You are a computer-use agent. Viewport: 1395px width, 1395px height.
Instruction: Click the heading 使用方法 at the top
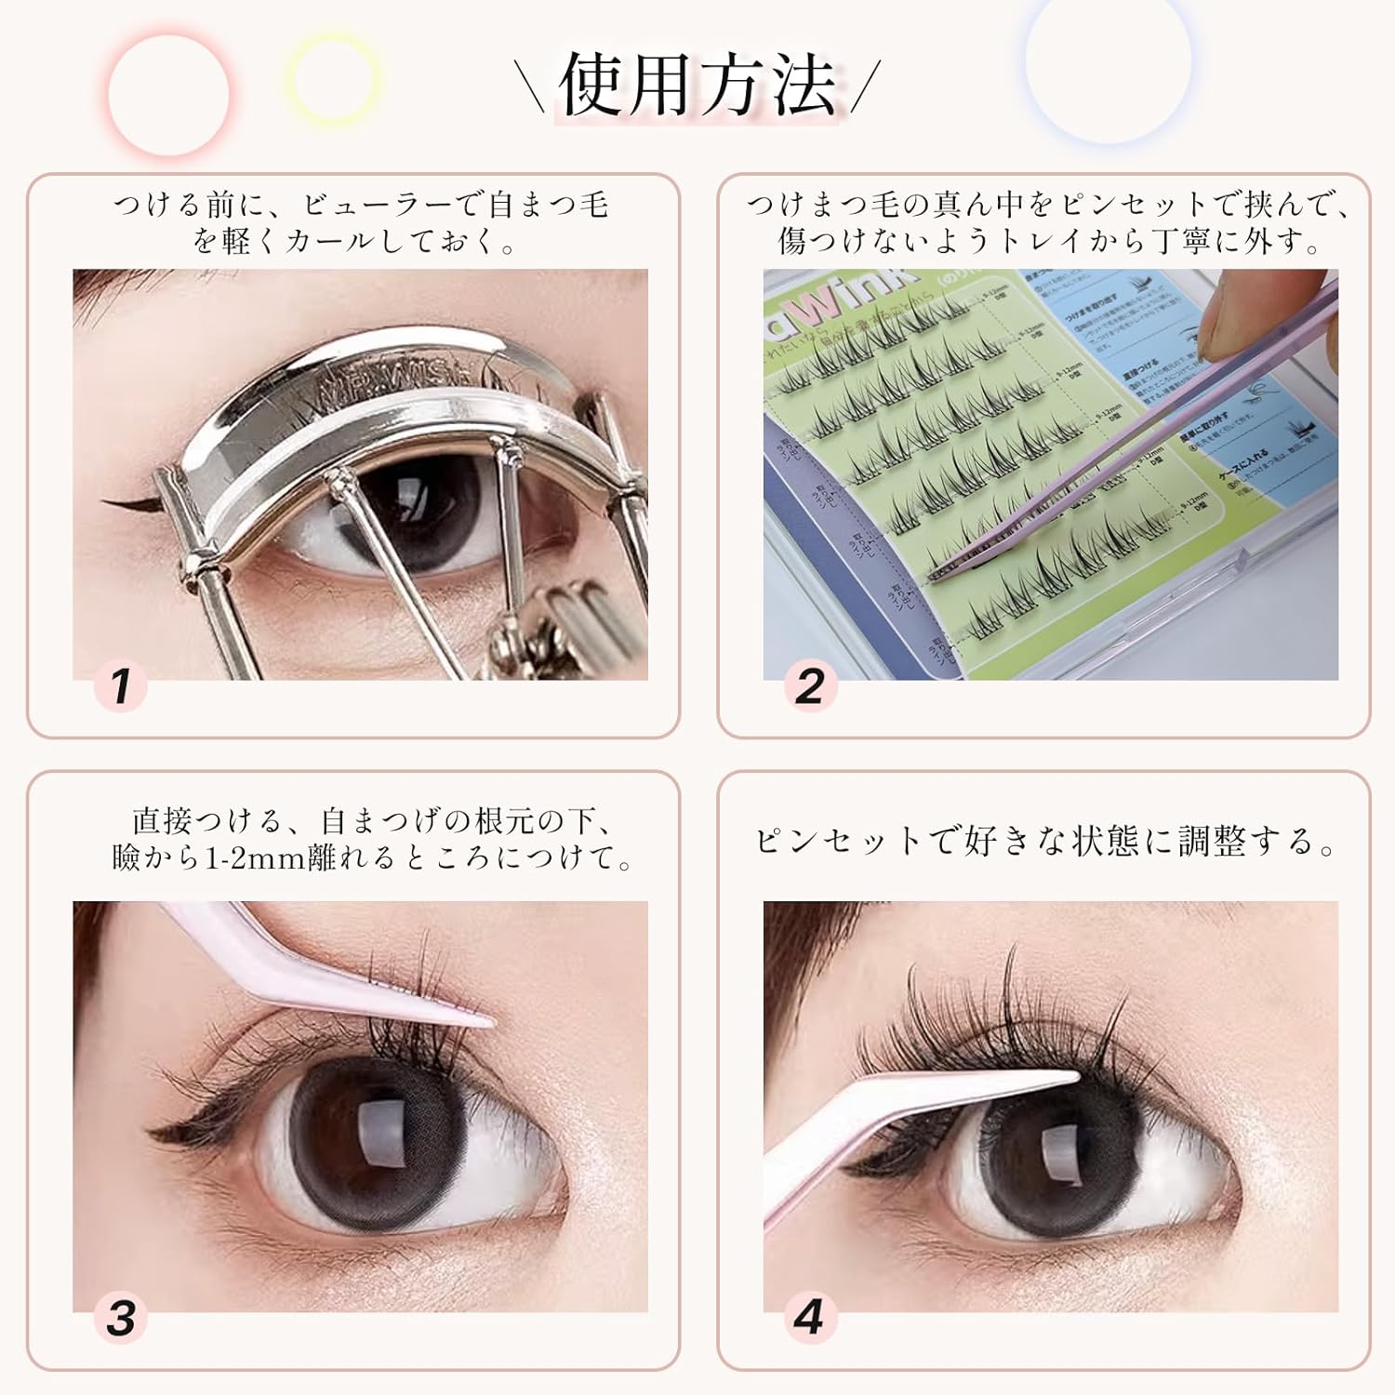click(697, 86)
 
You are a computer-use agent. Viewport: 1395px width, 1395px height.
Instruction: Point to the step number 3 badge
click(121, 1318)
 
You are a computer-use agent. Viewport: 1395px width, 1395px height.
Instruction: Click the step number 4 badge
click(809, 1318)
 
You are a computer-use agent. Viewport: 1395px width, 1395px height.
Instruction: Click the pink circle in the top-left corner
click(168, 94)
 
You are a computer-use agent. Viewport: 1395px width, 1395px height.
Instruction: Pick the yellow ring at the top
click(332, 76)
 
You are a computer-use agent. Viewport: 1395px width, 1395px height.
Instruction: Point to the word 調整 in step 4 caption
click(1214, 842)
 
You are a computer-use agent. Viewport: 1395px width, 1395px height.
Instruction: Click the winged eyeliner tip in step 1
click(109, 504)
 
